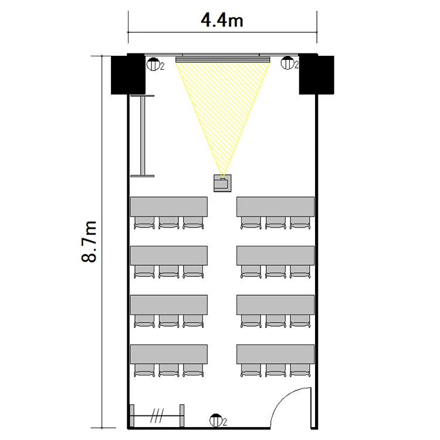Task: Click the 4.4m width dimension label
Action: coord(222,21)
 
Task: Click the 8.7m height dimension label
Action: coord(89,242)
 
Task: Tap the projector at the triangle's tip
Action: coord(222,183)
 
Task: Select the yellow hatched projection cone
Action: coord(222,112)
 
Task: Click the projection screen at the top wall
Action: coord(223,59)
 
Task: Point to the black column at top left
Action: coord(128,74)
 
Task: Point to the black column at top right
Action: coord(317,74)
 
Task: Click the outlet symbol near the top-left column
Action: coord(153,64)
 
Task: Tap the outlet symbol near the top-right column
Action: coord(287,63)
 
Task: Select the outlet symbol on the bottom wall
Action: coord(216,420)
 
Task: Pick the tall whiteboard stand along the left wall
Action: coord(143,136)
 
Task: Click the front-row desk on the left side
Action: coord(169,207)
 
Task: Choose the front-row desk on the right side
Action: coord(275,207)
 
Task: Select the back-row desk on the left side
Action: coord(169,354)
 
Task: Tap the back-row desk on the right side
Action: coord(275,354)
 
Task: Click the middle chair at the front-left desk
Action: coord(168,223)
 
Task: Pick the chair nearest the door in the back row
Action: coord(300,370)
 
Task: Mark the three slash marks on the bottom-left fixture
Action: coord(157,415)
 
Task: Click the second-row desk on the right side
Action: coord(275,256)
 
